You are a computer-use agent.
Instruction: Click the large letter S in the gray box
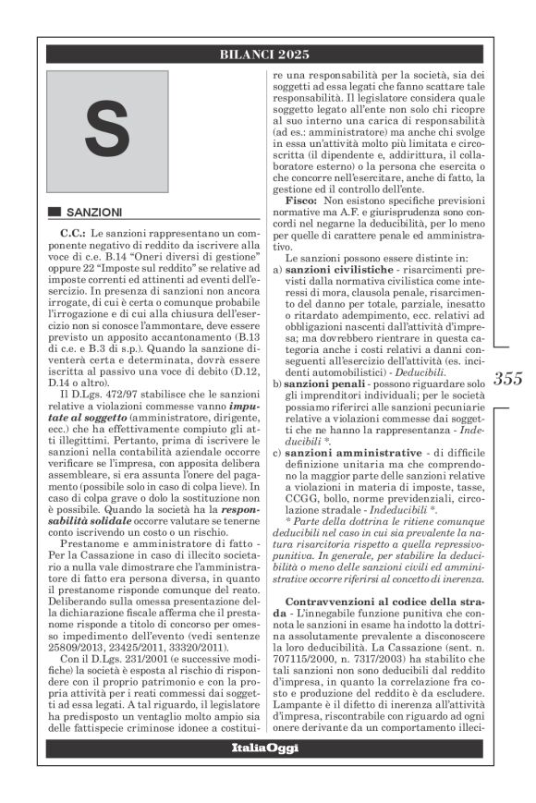point(107,129)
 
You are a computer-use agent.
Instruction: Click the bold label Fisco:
point(302,201)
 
